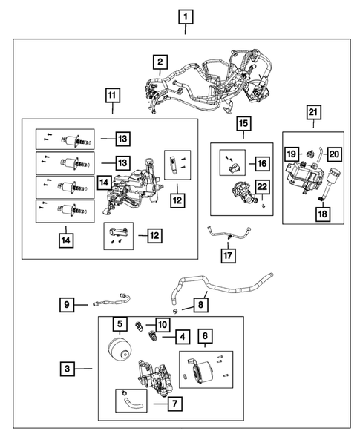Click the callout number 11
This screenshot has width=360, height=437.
(x=111, y=96)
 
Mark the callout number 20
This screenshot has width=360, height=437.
(x=333, y=154)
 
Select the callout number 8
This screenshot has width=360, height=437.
(x=200, y=304)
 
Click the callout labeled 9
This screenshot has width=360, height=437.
(x=67, y=303)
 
